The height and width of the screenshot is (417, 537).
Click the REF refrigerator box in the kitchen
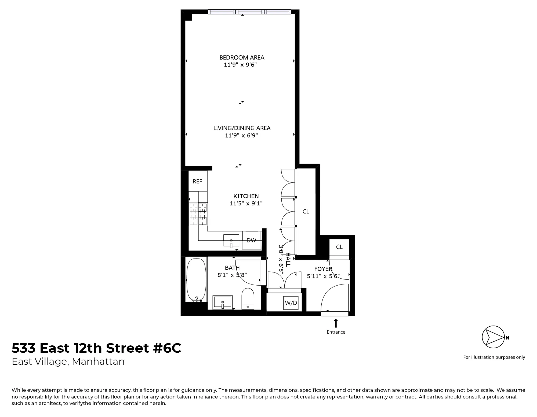point(197,181)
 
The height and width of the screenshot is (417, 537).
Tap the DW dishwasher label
point(251,240)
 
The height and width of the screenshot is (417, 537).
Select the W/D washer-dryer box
point(291,303)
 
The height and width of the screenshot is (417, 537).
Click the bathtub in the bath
point(196,280)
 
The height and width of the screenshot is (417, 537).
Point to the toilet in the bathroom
point(248,298)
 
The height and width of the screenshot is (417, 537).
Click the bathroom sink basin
point(223,302)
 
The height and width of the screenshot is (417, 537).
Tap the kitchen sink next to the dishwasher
point(231,240)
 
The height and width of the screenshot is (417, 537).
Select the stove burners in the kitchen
point(198,214)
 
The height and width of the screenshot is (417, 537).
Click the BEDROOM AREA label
point(242,57)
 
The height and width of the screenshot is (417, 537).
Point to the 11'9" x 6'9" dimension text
point(241,135)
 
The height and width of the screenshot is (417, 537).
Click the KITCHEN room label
point(246,196)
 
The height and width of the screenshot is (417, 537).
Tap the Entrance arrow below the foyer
point(336,323)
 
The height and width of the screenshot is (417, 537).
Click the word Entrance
point(336,332)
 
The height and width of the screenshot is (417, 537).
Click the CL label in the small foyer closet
point(339,247)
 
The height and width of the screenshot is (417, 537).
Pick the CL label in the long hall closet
point(306,211)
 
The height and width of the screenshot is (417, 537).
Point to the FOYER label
point(323,269)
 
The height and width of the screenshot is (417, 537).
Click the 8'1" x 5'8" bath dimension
point(232,275)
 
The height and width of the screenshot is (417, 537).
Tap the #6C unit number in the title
point(167,348)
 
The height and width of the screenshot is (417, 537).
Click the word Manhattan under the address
point(98,361)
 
